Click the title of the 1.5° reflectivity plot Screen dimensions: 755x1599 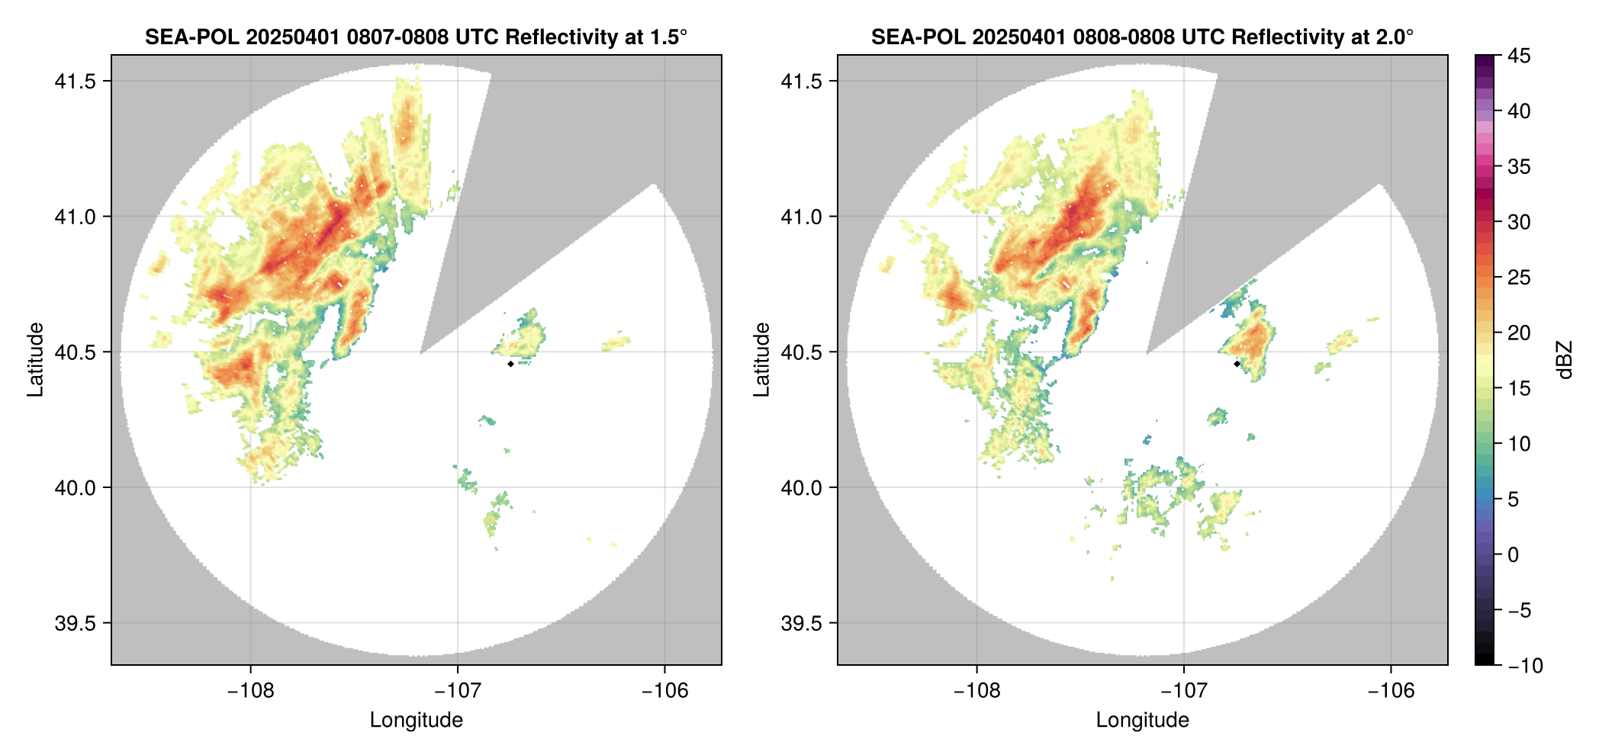[x=416, y=37]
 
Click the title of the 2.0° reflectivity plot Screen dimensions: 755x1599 [x=1142, y=37]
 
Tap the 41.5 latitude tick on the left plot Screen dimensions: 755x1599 [x=75, y=81]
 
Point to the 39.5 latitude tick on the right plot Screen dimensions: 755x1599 [x=801, y=623]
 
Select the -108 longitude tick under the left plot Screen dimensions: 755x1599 [x=250, y=691]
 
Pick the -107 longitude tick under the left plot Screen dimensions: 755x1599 [x=457, y=691]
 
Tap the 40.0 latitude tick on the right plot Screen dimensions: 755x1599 [x=801, y=487]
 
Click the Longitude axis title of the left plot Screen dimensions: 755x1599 [x=416, y=720]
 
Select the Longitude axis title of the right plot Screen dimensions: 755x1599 [x=1142, y=720]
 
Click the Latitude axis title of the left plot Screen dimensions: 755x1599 [x=35, y=359]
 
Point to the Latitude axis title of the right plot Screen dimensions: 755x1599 [x=761, y=359]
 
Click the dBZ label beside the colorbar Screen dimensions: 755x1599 [x=1565, y=360]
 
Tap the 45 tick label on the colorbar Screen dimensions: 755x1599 [x=1519, y=56]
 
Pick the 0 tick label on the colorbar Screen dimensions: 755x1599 [x=1514, y=554]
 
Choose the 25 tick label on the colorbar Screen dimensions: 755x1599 [x=1519, y=278]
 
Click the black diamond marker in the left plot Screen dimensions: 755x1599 [x=510, y=364]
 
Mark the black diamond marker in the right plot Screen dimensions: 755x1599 [x=1237, y=364]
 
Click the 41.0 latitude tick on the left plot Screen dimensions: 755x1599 [x=75, y=217]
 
